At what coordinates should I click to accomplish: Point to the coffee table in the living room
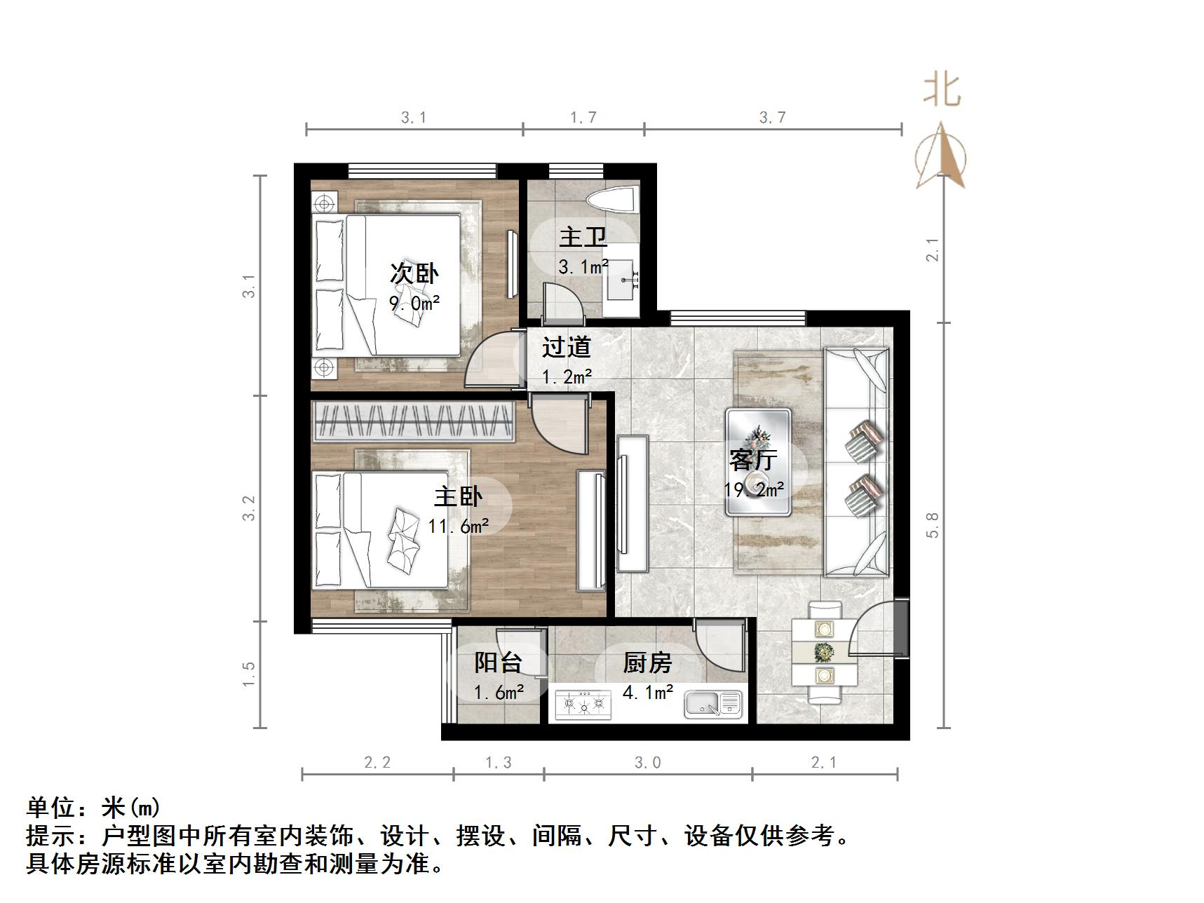[x=758, y=462]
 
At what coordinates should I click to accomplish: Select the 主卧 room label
[x=458, y=496]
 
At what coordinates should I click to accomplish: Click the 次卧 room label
[x=414, y=273]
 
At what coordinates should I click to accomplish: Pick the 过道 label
[x=567, y=347]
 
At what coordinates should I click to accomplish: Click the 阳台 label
[x=498, y=663]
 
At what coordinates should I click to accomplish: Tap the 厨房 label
[x=647, y=663]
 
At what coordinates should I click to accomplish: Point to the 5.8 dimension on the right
[x=932, y=525]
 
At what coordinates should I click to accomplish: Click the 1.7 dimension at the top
[x=583, y=118]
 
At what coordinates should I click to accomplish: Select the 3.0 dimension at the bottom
[x=647, y=762]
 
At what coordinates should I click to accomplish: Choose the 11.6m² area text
[x=459, y=525]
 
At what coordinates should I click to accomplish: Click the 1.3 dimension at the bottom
[x=499, y=762]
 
